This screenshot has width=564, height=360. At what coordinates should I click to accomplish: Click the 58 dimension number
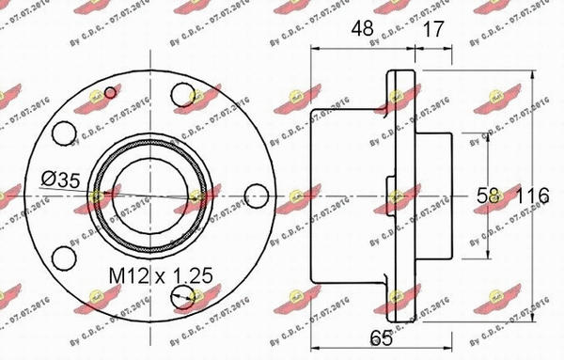click(x=489, y=196)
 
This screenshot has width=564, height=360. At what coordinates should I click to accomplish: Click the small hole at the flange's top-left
click(x=112, y=91)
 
